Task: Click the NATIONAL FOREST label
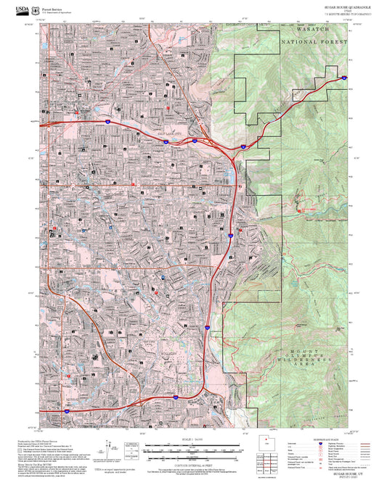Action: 314,43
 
